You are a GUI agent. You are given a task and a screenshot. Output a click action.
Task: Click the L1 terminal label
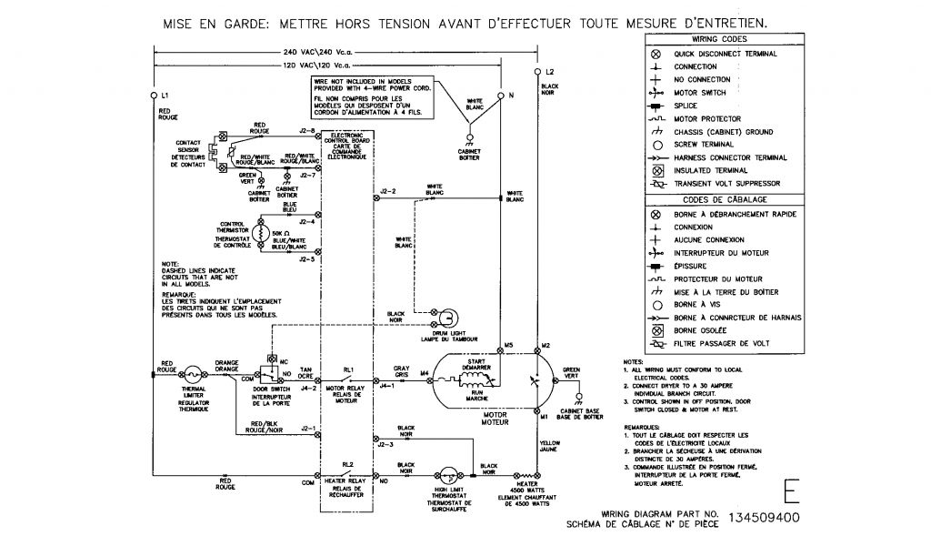tap(164, 96)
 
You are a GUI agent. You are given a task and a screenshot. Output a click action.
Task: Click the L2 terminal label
tap(550, 71)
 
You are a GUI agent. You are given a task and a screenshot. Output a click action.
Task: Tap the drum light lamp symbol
tap(452, 316)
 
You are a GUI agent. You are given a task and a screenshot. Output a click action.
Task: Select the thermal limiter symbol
tap(192, 373)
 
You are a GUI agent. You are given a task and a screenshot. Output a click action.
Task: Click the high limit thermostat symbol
tap(447, 478)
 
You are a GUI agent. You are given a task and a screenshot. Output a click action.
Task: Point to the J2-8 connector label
tap(307, 131)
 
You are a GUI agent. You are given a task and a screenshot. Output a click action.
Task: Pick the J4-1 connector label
tap(388, 386)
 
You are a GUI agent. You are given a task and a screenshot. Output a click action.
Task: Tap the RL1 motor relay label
tap(348, 369)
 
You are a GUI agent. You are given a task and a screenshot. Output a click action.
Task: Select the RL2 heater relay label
tap(348, 464)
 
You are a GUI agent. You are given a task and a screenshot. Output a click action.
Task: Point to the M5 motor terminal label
tap(509, 345)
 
